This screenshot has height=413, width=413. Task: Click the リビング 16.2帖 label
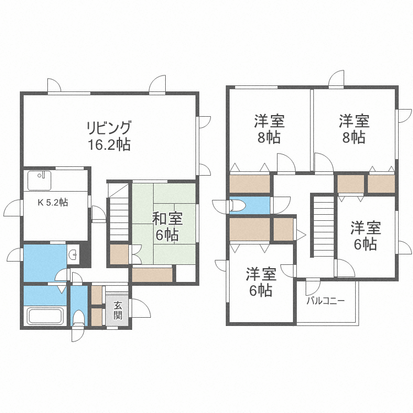(x=108, y=137)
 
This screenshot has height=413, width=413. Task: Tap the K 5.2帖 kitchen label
(x=53, y=203)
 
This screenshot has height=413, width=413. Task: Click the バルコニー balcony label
(x=325, y=301)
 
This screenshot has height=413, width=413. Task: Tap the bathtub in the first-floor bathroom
(x=46, y=317)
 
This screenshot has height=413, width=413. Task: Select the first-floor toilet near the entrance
(x=79, y=318)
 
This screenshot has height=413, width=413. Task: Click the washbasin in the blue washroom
(x=73, y=254)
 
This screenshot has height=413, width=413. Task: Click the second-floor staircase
(x=323, y=226)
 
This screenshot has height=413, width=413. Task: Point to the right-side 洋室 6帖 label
(x=366, y=235)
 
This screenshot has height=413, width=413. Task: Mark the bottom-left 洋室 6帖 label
(x=260, y=282)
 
